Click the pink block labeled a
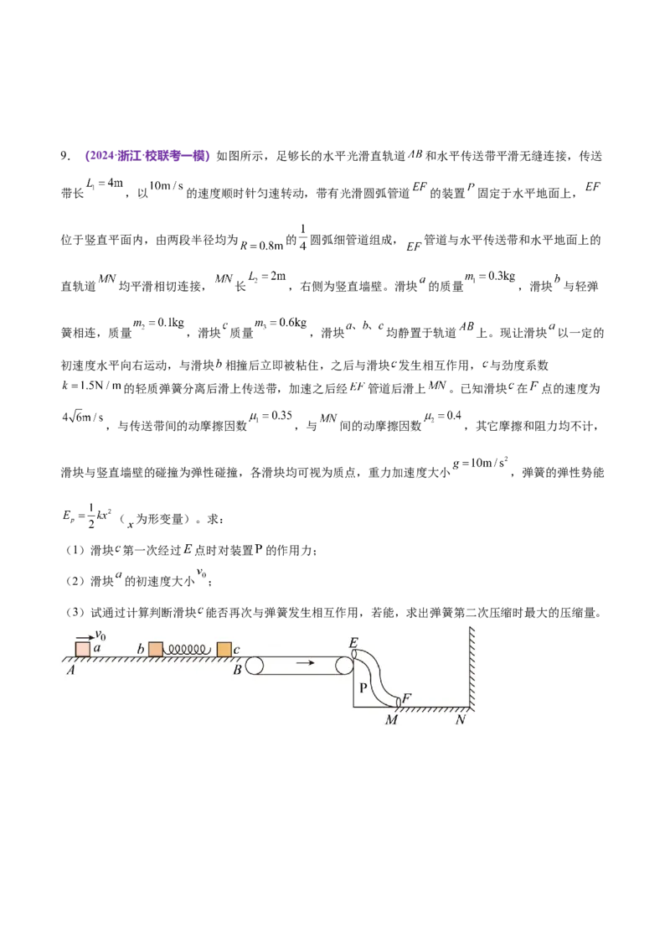point(82,650)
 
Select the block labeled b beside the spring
point(155,650)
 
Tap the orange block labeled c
point(224,650)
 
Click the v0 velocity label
point(100,637)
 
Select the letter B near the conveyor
point(238,670)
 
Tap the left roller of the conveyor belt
point(255,667)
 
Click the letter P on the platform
point(363,687)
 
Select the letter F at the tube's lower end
point(407,697)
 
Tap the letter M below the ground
point(390,719)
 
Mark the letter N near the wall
point(461,719)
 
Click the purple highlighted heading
point(147,156)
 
